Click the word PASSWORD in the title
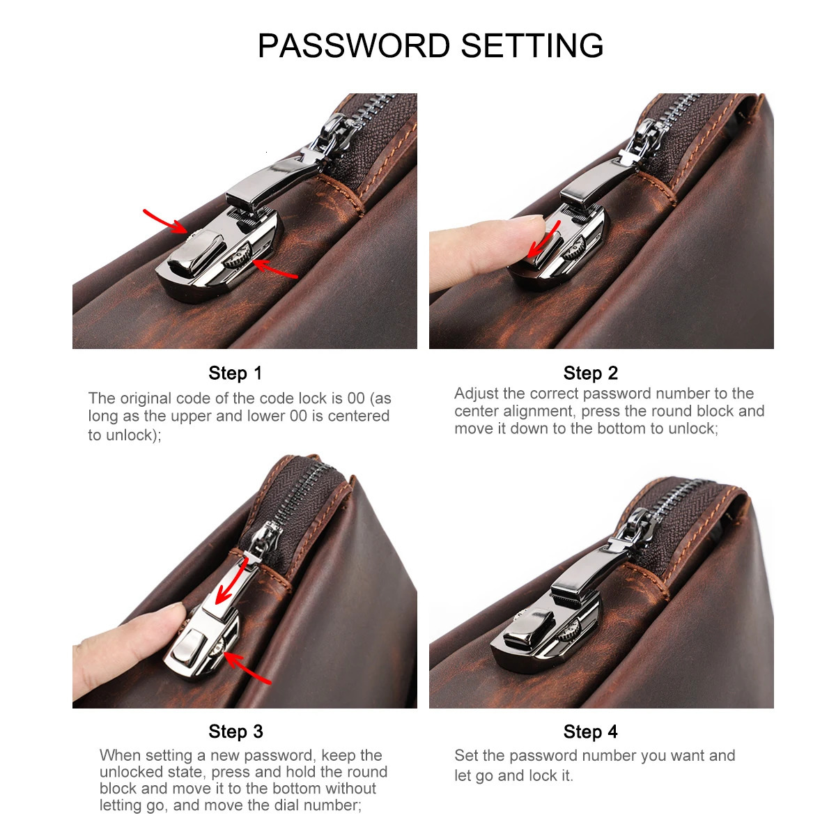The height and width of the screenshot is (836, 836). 354,46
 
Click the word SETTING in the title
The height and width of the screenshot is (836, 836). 532,46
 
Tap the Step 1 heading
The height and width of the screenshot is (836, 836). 235,373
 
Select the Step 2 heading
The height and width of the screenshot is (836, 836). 591,373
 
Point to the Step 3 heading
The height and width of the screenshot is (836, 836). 235,731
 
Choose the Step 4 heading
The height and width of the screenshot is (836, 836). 591,731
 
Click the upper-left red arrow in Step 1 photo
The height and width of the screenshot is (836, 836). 165,220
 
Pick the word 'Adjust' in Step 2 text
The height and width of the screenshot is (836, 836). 475,394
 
